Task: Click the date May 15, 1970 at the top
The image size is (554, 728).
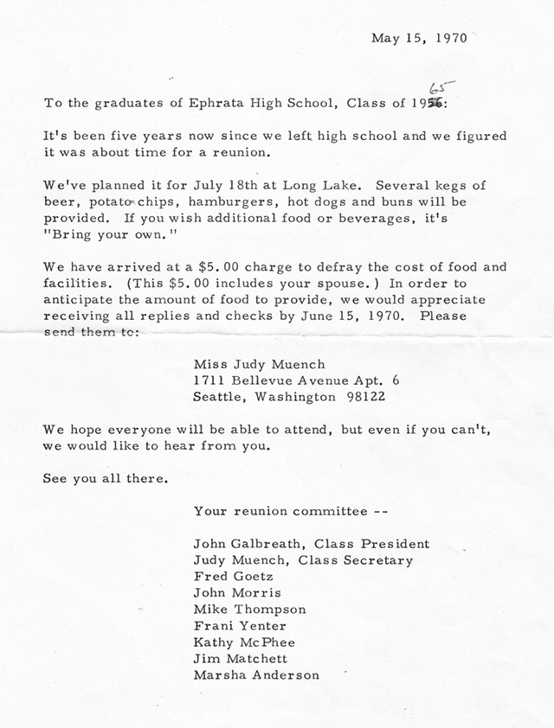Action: click(x=419, y=38)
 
